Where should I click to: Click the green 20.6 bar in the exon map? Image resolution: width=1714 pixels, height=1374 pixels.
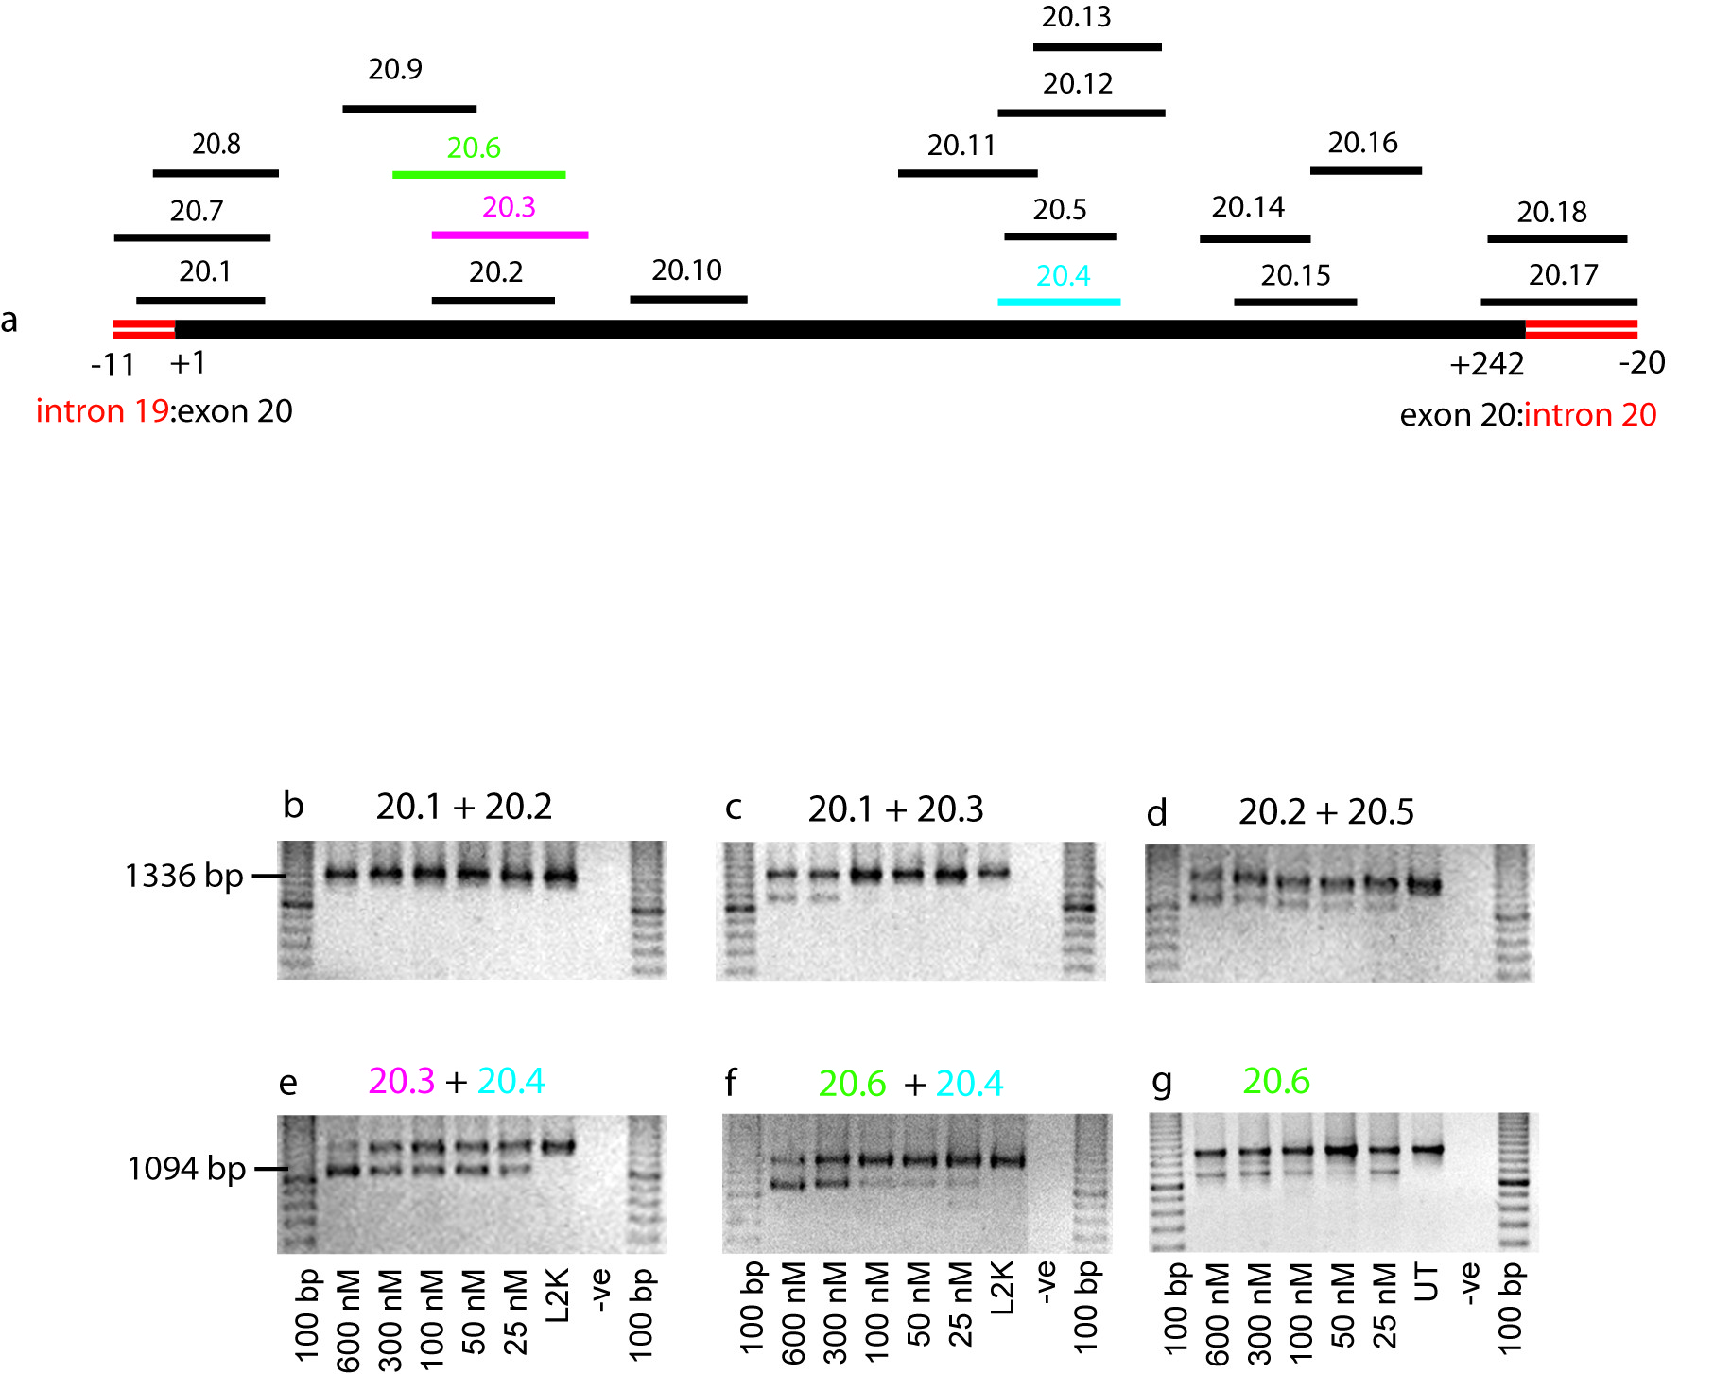pos(479,175)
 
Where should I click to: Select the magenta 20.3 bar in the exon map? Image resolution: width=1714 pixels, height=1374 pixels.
pos(510,235)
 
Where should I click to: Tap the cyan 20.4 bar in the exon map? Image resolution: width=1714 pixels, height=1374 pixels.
pos(1059,302)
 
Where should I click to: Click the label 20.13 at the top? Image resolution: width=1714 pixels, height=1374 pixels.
pos(1077,17)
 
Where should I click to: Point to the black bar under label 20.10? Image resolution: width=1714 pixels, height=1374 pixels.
pos(688,300)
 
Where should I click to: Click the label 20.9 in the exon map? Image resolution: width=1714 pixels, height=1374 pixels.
pos(395,69)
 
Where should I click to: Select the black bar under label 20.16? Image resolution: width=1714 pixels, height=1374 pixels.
pos(1366,171)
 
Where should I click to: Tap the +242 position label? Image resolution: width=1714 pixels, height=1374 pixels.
pos(1487,364)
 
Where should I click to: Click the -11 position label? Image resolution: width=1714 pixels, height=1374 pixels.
pos(113,365)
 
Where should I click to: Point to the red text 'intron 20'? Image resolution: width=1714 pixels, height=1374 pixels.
pos(1591,415)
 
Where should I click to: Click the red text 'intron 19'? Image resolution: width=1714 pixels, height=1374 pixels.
pos(102,411)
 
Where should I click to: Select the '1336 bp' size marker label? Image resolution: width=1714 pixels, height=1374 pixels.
pos(184,877)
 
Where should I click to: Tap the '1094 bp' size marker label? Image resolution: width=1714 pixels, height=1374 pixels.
pos(186,1170)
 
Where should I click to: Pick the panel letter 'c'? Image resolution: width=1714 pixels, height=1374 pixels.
pos(734,810)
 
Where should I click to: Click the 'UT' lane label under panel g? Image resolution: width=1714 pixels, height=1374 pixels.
pos(1428,1283)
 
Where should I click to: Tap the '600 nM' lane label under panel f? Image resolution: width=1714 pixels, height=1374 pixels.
pos(794,1313)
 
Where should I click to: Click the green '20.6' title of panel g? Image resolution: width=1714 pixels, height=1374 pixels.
pos(1276,1082)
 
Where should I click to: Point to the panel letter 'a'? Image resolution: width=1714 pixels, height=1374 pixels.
pos(9,322)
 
